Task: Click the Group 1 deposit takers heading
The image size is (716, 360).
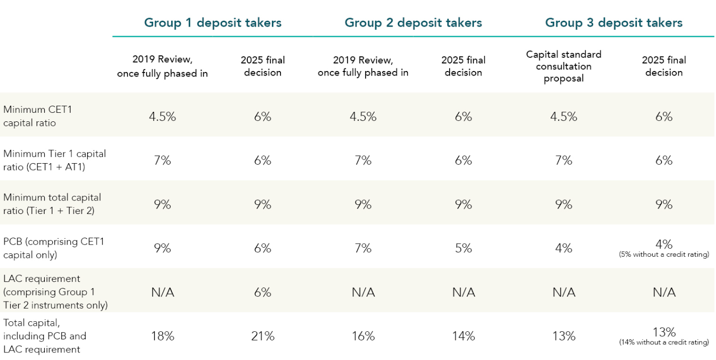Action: (212, 23)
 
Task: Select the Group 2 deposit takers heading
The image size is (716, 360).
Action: (413, 23)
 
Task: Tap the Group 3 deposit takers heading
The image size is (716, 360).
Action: (614, 23)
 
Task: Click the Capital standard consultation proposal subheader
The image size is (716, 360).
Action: (563, 66)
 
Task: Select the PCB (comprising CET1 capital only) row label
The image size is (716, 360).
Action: (53, 248)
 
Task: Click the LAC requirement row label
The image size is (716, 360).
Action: (55, 292)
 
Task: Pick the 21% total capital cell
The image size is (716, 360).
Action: (263, 336)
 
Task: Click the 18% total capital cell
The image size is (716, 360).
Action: (163, 336)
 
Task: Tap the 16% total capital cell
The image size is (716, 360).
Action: (363, 336)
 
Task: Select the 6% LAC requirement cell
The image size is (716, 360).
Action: (263, 293)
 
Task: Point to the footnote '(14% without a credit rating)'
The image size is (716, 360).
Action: (664, 343)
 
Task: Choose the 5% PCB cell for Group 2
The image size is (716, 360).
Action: (463, 248)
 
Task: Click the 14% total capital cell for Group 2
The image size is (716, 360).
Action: (463, 336)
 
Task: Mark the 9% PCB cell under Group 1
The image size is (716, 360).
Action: (163, 248)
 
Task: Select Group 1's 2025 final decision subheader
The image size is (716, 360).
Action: (263, 66)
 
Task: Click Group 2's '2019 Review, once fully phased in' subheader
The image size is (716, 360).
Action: (363, 66)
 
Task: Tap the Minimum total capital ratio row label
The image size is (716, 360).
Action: (52, 204)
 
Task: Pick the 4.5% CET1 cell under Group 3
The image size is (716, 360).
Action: (563, 116)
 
